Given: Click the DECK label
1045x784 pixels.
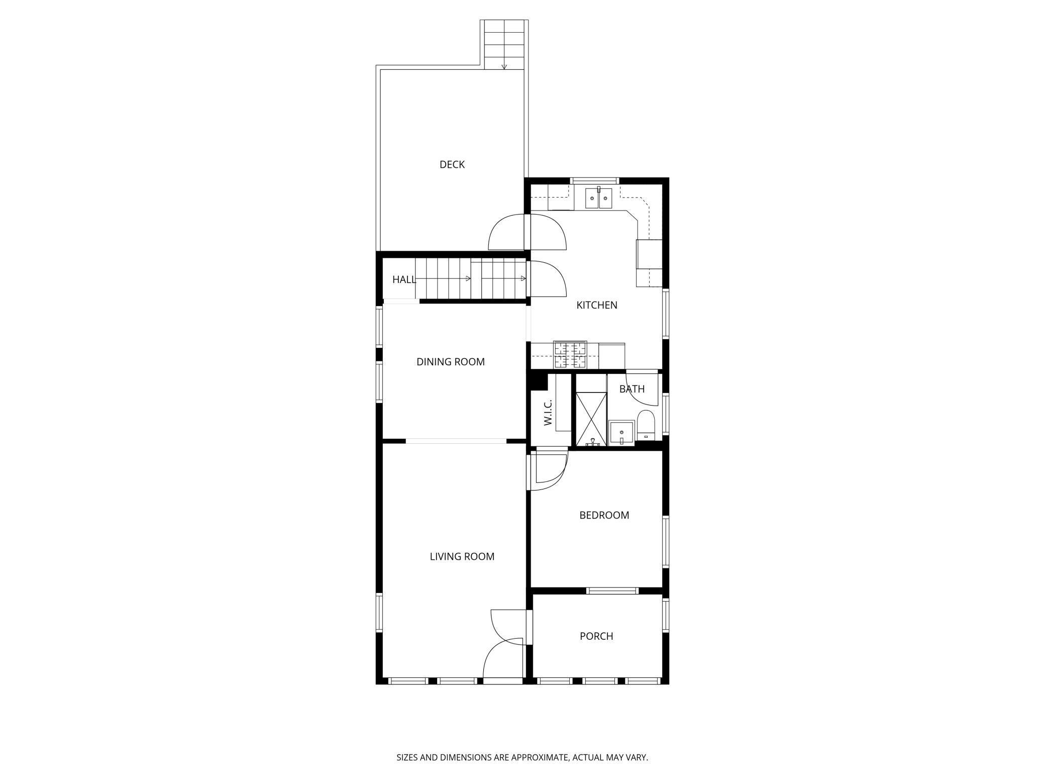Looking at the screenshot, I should click(x=452, y=164).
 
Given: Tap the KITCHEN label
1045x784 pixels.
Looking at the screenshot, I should click(x=596, y=305).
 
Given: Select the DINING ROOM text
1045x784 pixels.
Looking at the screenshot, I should click(x=450, y=362).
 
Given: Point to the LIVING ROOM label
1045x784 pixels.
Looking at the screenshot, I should click(x=462, y=556).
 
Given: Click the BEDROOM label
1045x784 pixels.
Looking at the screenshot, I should click(x=604, y=515).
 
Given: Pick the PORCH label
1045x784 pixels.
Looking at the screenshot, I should click(x=596, y=636).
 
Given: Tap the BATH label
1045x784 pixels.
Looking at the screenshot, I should click(x=632, y=389).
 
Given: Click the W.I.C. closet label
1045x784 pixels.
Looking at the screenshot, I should click(x=548, y=413).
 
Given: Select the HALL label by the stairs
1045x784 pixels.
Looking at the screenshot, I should click(x=404, y=279).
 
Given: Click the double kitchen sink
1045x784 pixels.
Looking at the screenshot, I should click(x=598, y=199).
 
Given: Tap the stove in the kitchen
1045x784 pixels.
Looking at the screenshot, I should click(x=570, y=355).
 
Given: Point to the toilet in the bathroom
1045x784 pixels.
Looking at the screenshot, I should click(x=646, y=425).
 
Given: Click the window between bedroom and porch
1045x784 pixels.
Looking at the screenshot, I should click(x=612, y=591).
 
